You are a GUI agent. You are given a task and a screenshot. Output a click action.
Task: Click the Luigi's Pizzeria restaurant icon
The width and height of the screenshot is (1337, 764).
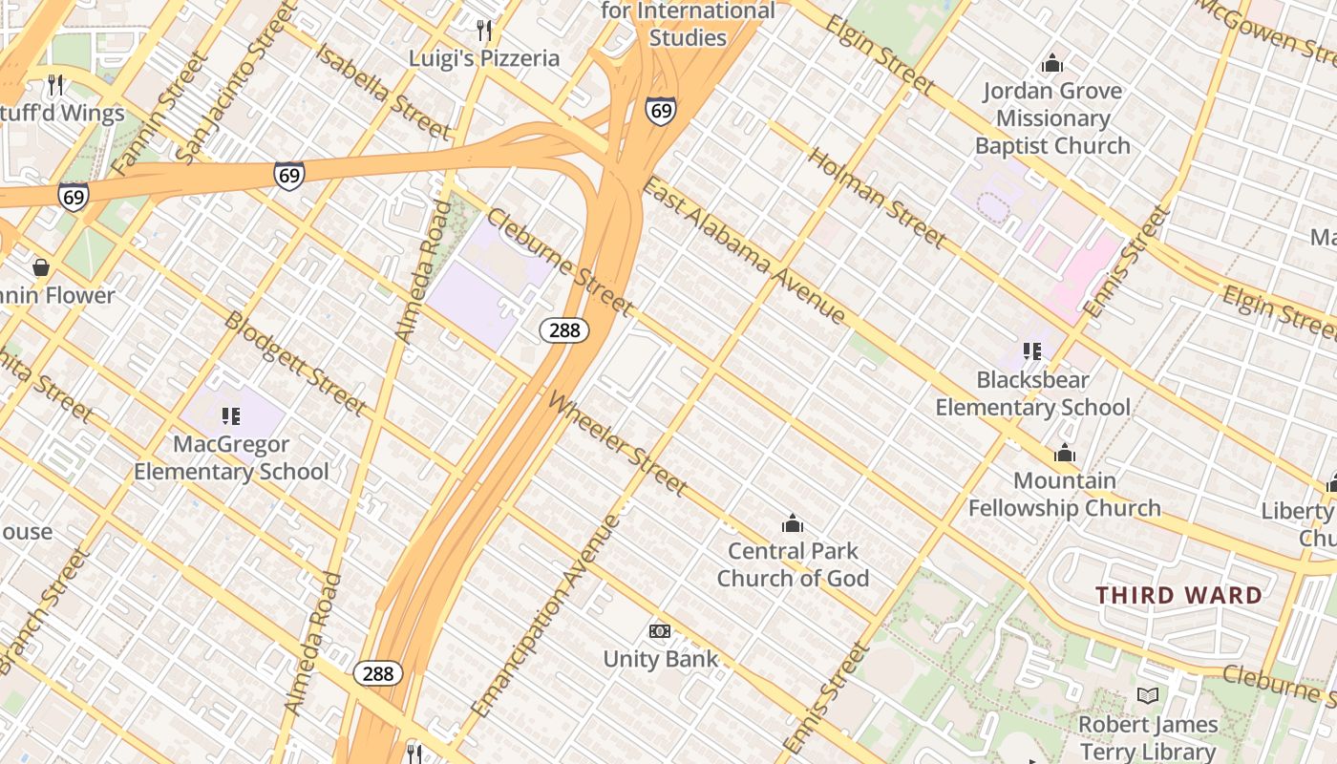click(484, 31)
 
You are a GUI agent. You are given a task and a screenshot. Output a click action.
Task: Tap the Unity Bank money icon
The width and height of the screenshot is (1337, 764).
click(659, 631)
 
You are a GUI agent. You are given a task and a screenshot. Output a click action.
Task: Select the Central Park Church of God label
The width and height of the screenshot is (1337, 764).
click(793, 564)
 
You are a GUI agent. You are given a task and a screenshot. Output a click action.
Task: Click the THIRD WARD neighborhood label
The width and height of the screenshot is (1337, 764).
click(1178, 596)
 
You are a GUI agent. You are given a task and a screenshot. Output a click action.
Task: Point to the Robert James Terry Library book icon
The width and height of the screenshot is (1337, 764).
click(1148, 696)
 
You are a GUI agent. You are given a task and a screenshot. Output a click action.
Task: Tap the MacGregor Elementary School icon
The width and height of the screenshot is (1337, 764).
click(230, 416)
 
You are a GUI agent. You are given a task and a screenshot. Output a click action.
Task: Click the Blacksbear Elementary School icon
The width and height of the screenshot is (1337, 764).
click(1031, 351)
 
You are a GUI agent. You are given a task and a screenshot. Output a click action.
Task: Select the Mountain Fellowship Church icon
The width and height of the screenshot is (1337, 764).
click(1064, 453)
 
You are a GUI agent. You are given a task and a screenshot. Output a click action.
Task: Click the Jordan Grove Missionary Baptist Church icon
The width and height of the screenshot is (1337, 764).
click(1052, 63)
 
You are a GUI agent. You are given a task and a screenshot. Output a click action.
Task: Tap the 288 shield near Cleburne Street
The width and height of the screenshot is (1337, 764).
click(564, 330)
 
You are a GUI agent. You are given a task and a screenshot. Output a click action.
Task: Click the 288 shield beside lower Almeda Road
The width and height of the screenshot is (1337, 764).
click(378, 673)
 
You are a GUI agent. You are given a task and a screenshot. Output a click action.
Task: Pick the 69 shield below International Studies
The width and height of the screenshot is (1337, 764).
click(661, 111)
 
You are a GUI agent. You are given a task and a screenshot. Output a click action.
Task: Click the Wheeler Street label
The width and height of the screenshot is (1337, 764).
click(618, 445)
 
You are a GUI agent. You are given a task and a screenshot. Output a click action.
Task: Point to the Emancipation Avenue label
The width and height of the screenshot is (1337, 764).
click(546, 616)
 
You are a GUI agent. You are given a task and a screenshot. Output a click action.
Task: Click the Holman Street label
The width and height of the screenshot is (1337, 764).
click(878, 198)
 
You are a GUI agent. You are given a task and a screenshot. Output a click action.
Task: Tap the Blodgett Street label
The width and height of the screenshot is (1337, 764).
click(295, 363)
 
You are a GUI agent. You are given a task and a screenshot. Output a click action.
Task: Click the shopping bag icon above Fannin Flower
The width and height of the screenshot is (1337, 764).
click(41, 267)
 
